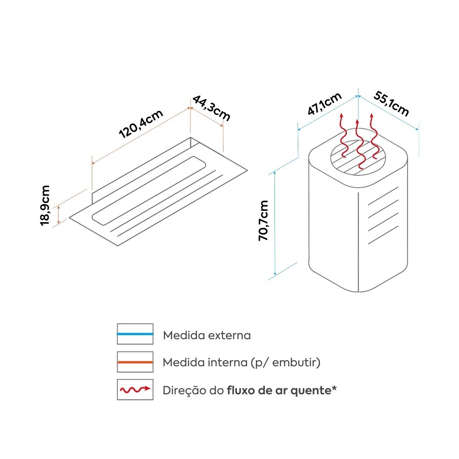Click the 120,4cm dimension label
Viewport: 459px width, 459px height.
pos(141,123)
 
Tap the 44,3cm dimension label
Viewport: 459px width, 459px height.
pos(211,108)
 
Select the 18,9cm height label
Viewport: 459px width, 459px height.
pos(45,206)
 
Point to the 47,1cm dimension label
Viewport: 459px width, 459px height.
pos(325,103)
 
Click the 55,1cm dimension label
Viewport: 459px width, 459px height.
pos(391,104)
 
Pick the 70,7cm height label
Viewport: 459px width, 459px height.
pos(263,220)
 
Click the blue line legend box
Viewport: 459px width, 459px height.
pos(135,334)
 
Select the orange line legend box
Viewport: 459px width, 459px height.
pos(135,362)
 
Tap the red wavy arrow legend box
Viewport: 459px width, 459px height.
pos(135,390)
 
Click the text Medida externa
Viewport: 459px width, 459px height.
pos(207,335)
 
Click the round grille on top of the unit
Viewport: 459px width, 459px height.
pos(358,157)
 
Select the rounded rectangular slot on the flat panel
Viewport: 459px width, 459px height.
pos(149,190)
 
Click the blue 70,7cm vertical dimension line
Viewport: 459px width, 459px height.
pos(275,224)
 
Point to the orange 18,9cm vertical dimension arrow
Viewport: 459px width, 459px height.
pos(59,215)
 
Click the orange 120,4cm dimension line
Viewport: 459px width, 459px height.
pos(141,136)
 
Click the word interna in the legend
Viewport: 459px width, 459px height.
pos(228,363)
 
